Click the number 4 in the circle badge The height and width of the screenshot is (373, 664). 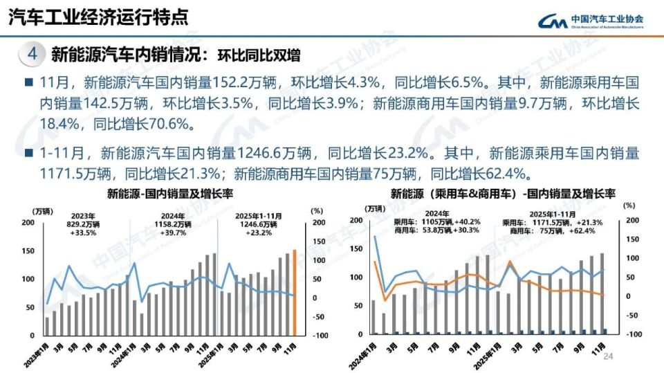pyautogui.click(x=32, y=53)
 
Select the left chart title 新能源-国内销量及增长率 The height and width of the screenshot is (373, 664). pyautogui.click(x=160, y=193)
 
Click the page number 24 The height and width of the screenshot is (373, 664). pyautogui.click(x=609, y=356)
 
